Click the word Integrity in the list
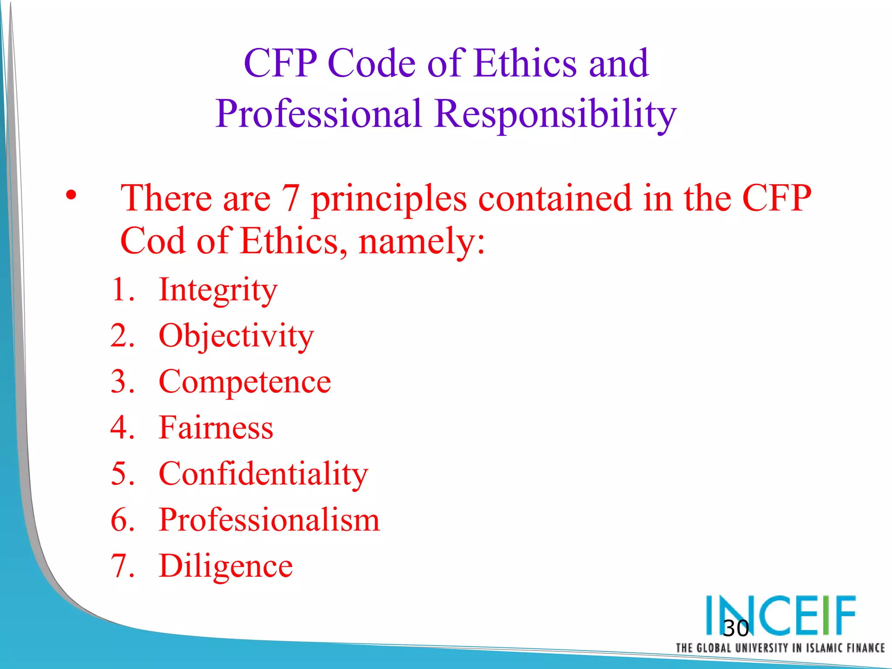[218, 291]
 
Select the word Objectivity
[236, 336]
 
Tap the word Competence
[245, 382]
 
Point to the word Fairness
[216, 428]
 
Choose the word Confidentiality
[263, 474]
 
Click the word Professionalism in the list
[269, 520]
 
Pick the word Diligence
[226, 566]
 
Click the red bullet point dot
[71, 195]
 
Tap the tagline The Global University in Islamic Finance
[780, 648]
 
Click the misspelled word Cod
[152, 241]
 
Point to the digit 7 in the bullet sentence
[291, 198]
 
